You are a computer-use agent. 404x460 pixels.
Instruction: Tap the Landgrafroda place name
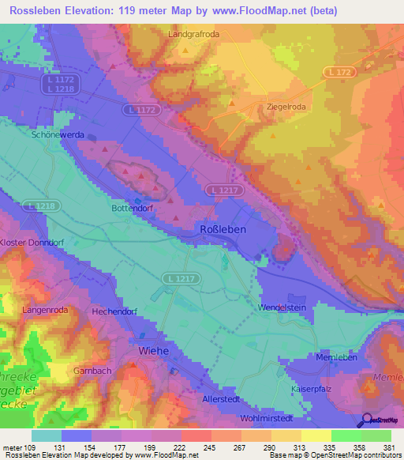tap(193, 35)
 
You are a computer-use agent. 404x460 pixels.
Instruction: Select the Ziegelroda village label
tap(281, 106)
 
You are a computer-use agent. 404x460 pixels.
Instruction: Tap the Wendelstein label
tap(281, 306)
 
